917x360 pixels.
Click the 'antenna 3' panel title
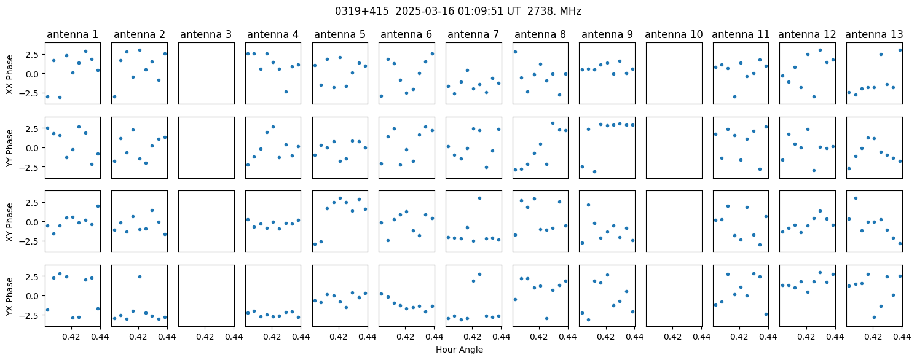pyautogui.click(x=206, y=35)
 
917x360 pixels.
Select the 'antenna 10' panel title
pyautogui.click(x=674, y=35)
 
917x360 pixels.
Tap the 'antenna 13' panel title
pyautogui.click(x=874, y=35)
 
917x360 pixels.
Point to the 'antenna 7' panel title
pyautogui.click(x=473, y=35)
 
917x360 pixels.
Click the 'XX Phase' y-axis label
pyautogui.click(x=9, y=74)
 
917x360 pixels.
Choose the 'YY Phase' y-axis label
pyautogui.click(x=9, y=148)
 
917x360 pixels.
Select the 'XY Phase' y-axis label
pyautogui.click(x=9, y=222)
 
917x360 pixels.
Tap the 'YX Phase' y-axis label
pyautogui.click(x=9, y=296)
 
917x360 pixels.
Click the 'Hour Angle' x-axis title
pyautogui.click(x=459, y=350)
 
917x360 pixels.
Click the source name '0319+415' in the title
pyautogui.click(x=361, y=11)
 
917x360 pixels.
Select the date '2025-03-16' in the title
pyautogui.click(x=425, y=11)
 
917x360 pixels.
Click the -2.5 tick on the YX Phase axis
pyautogui.click(x=32, y=315)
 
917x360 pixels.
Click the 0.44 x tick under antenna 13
pyautogui.click(x=902, y=337)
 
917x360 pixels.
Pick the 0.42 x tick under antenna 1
pyautogui.click(x=72, y=337)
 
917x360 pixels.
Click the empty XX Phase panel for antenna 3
pyautogui.click(x=207, y=73)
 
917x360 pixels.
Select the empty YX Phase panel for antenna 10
pyautogui.click(x=674, y=295)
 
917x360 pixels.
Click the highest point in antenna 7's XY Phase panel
pyautogui.click(x=479, y=198)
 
